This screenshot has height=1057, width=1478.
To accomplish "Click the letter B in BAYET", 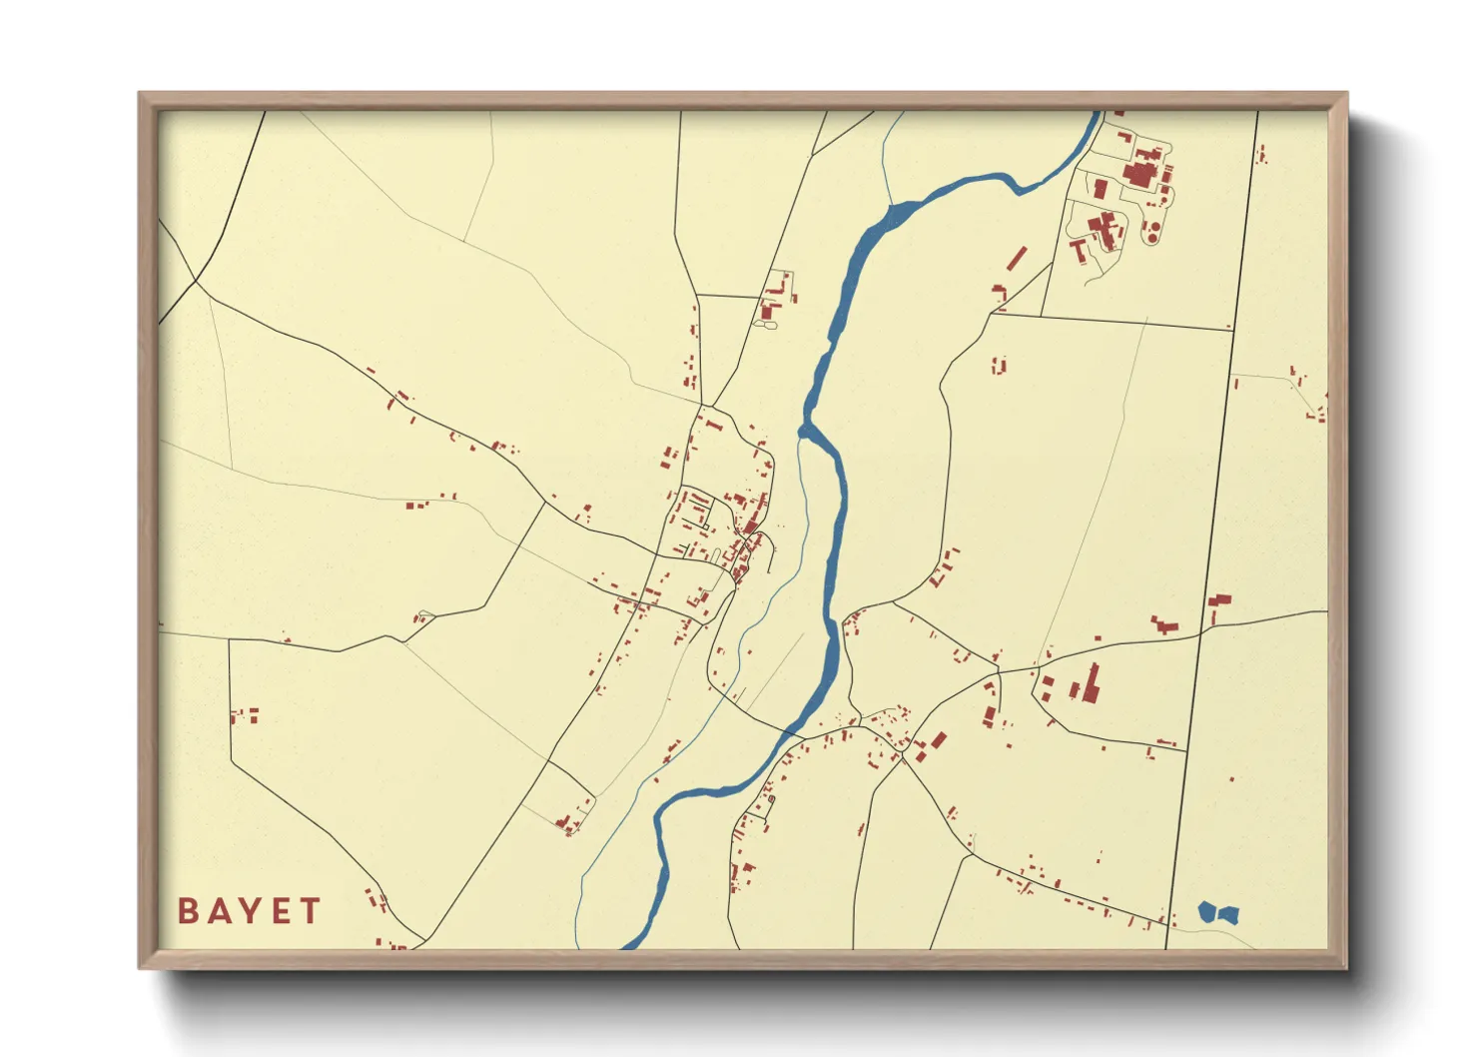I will [x=188, y=911].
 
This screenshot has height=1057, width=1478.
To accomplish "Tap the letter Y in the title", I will [x=250, y=911].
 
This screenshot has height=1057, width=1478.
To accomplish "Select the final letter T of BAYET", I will [x=311, y=911].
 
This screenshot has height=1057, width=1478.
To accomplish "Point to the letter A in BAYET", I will [x=219, y=911].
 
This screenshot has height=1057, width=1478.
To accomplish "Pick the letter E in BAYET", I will [x=281, y=911].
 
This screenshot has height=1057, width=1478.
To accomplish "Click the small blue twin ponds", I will [x=1217, y=912].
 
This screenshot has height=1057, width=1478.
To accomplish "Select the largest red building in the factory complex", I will [x=1139, y=173].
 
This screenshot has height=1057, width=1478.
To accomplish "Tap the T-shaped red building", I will [x=1079, y=248].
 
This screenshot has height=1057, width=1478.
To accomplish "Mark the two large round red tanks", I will [x=1151, y=232].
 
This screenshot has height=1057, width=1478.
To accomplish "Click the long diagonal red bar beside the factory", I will [x=1017, y=258].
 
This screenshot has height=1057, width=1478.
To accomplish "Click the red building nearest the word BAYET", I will [x=377, y=900].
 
